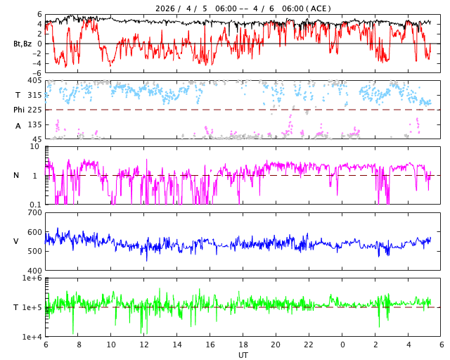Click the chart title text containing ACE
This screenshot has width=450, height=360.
(x=243, y=8)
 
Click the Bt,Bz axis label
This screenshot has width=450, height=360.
(x=22, y=44)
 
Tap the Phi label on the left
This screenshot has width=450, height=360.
(x=19, y=110)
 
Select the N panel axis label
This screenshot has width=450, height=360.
(x=16, y=175)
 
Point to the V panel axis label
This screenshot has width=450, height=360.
(x=16, y=241)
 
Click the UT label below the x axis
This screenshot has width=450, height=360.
(x=243, y=355)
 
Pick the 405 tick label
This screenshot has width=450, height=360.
(x=34, y=81)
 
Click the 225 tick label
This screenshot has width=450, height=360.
(x=34, y=110)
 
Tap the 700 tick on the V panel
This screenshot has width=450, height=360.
(x=34, y=212)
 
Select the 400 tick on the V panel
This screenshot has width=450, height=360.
(x=34, y=271)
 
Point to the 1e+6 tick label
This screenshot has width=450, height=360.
(x=32, y=278)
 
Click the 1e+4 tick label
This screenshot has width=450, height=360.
(x=32, y=337)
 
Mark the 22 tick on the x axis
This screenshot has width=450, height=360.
(x=309, y=345)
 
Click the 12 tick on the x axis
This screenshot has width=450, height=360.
(x=144, y=345)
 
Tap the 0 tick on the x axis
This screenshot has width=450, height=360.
(x=342, y=345)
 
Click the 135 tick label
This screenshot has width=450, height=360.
(x=34, y=124)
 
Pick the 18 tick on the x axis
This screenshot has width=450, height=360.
(x=243, y=345)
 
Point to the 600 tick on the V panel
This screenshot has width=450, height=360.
(x=34, y=232)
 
